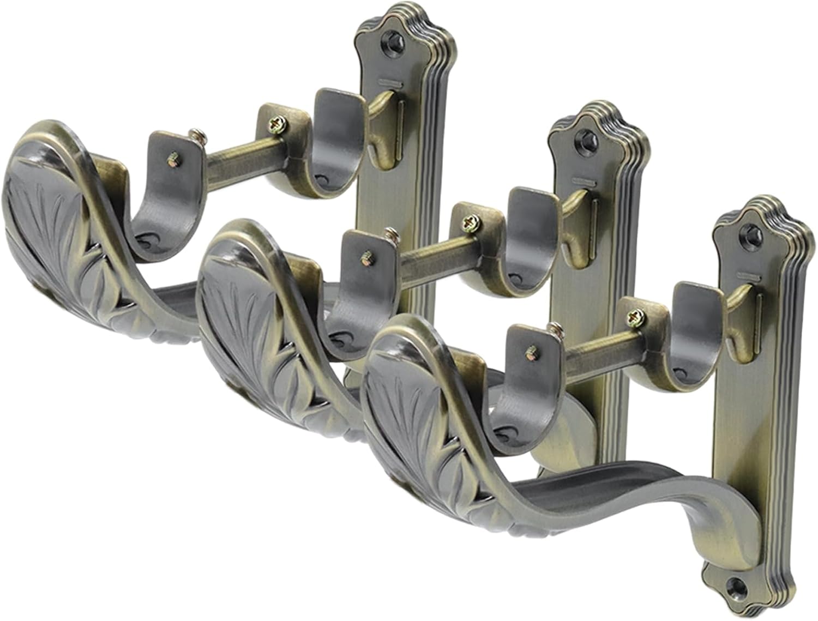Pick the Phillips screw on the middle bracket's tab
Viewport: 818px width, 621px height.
coord(468,221)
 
